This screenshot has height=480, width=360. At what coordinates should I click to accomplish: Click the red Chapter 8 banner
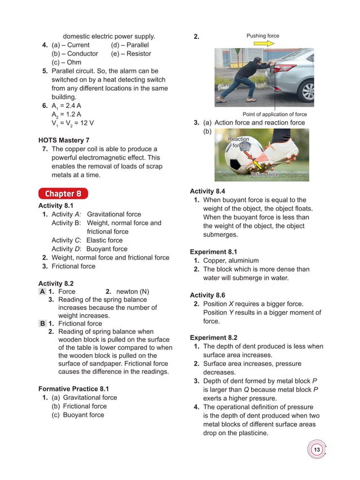pos(63,194)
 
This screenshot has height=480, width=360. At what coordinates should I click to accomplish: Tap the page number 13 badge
pos(317,450)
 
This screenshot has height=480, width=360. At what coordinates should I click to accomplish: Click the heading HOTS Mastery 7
pos(64,140)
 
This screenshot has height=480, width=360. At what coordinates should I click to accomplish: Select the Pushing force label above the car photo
pos(262,36)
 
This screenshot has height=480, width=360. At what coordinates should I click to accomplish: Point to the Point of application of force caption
pos(274,114)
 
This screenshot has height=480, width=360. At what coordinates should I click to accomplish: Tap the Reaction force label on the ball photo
pos(238,142)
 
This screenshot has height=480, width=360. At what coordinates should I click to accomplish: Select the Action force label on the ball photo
pos(264,175)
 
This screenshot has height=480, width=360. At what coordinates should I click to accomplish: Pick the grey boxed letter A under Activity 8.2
pos(42,292)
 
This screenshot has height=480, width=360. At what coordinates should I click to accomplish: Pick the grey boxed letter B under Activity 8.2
pos(42,324)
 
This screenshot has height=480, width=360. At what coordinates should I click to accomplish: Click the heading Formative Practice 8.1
pos(73,389)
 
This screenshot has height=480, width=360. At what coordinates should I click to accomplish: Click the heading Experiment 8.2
pos(213,338)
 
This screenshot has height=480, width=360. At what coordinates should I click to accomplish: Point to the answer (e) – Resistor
pos(131,54)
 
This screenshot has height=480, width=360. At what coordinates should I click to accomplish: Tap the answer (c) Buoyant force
pos(78,415)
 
